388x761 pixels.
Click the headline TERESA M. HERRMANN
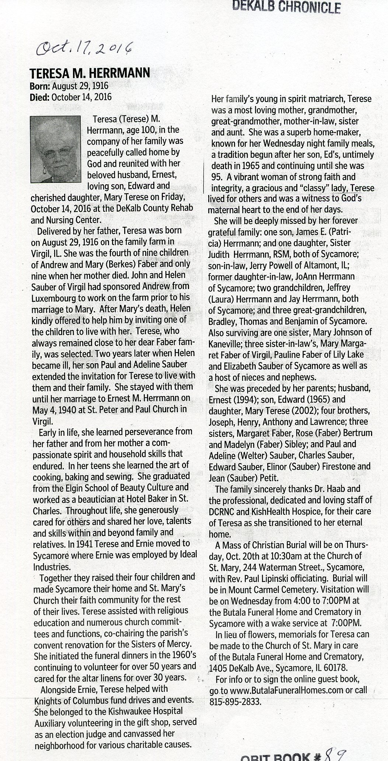point(90,73)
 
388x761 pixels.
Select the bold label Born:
point(40,86)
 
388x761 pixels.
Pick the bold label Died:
point(40,97)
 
